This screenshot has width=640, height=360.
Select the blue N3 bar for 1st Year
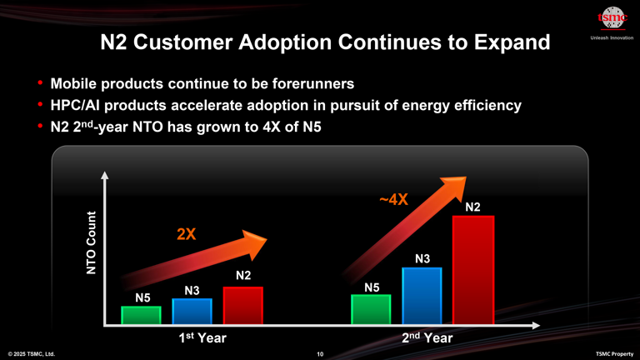pyautogui.click(x=192, y=311)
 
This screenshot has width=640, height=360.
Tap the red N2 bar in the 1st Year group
pyautogui.click(x=242, y=305)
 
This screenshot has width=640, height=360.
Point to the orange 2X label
pyautogui.click(x=187, y=233)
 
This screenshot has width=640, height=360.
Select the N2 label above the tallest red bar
pyautogui.click(x=472, y=207)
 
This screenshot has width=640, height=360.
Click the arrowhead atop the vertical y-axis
pyautogui.click(x=105, y=177)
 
